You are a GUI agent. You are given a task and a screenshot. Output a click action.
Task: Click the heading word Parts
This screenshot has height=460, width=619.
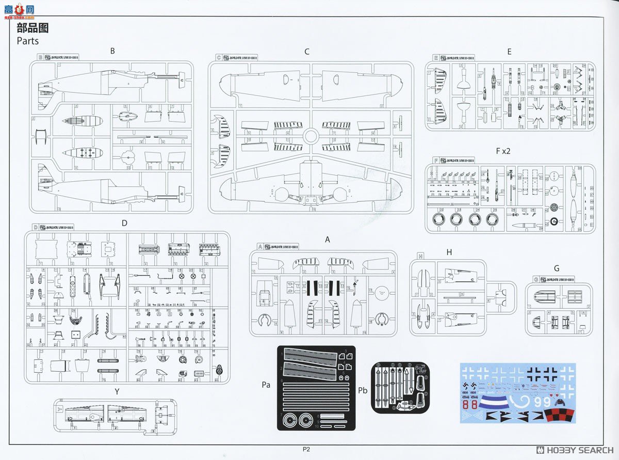pos(27,40)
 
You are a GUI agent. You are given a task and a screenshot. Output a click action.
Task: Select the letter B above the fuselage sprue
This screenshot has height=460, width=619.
pos(112,51)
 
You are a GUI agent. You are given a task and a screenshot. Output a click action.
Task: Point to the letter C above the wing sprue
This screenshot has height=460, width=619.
pos(307,51)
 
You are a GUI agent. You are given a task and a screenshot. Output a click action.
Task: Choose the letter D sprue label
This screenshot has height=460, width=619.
pos(124,223)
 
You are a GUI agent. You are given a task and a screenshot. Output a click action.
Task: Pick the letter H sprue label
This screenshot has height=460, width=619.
pos(449,251)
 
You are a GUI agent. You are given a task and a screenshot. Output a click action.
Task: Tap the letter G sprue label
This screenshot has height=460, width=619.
pos(556,268)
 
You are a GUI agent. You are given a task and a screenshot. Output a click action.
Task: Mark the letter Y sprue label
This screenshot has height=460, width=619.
pos(117,391)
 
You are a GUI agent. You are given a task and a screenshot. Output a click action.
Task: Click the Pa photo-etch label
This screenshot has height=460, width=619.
pos(266,385)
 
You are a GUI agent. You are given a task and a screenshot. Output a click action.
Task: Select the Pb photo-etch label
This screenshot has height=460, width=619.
pos(363,390)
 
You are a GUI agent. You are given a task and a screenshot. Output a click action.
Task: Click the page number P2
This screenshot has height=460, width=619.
pos(306,449)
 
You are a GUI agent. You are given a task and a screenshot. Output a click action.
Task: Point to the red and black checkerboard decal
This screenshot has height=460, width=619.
pos(557,414)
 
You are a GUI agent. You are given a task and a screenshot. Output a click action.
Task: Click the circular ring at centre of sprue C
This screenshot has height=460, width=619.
pos(309,136)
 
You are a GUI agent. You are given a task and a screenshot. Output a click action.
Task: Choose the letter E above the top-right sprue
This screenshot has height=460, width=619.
pos(509,51)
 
